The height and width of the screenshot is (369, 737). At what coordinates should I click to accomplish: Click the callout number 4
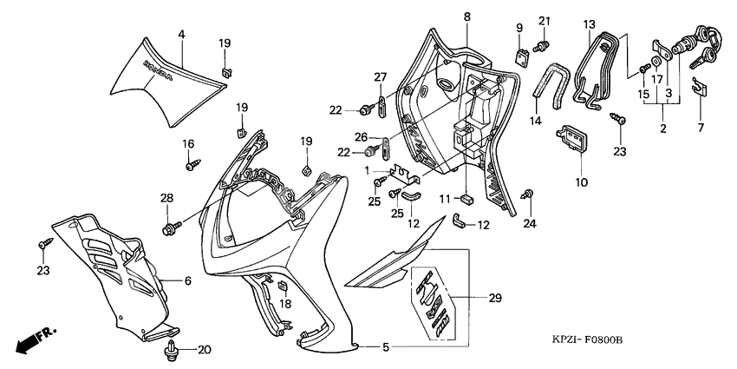[x=181, y=34]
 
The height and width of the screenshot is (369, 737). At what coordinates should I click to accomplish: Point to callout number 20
[x=205, y=350]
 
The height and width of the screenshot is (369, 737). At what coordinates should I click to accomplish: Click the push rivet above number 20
[x=172, y=351]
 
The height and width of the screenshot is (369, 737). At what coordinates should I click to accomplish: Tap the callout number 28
[x=166, y=198]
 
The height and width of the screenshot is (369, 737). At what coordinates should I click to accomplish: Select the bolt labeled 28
[x=168, y=227]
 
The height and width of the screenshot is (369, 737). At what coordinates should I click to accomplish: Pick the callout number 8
[x=466, y=16]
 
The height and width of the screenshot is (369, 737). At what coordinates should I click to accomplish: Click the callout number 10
[x=580, y=182]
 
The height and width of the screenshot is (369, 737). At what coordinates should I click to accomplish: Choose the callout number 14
[x=536, y=122]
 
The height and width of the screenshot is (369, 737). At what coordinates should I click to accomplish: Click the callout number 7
[x=701, y=128]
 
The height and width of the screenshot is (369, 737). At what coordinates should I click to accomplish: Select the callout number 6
[x=186, y=280]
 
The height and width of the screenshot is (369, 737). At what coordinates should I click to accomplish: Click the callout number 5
[x=386, y=347]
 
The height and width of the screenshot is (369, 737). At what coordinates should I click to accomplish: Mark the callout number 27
[x=380, y=78]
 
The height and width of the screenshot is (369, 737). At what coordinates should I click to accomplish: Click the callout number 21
[x=544, y=21]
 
